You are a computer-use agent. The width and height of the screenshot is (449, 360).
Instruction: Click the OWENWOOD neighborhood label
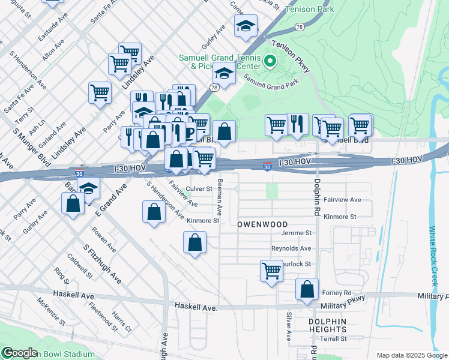pos(263,224)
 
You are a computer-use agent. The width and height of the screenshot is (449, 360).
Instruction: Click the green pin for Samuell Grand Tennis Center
pos(270,61)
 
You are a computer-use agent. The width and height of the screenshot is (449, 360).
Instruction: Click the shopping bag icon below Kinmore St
pos(194,243)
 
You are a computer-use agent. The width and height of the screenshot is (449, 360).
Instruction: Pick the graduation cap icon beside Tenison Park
pos(246,26)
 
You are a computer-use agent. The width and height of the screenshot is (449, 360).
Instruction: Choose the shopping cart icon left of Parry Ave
pos(100,92)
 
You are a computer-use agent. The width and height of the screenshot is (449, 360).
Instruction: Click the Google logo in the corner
pos(19,353)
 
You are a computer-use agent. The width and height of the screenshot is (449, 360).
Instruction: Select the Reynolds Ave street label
pos(291,248)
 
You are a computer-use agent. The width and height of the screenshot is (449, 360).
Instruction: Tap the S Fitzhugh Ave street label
pos(103,264)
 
